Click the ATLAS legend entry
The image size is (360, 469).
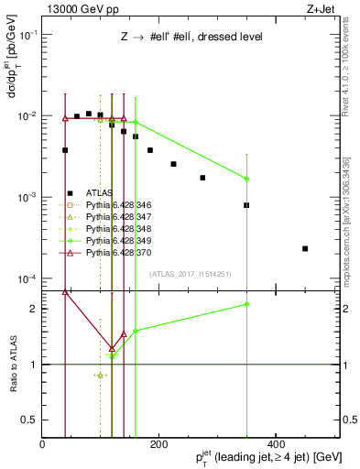point(98,193)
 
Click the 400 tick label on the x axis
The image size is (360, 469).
point(272,444)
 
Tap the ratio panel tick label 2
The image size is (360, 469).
point(33,309)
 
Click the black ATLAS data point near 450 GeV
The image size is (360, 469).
point(305,248)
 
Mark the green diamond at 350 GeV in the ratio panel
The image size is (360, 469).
point(246,304)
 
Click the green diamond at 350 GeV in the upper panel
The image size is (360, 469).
point(246,179)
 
